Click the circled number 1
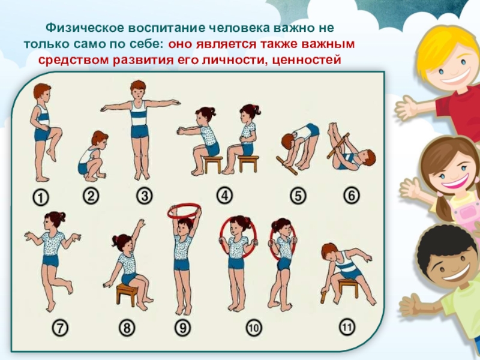(x=41, y=197)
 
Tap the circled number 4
(x=224, y=196)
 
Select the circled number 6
(x=351, y=196)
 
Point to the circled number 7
(x=60, y=328)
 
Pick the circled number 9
(x=182, y=328)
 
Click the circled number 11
(x=347, y=326)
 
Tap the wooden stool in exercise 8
(x=125, y=295)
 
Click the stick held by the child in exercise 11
(x=323, y=296)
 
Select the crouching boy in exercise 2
(x=92, y=156)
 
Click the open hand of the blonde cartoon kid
(x=407, y=108)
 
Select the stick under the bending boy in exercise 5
(x=287, y=166)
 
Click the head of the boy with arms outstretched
(x=138, y=89)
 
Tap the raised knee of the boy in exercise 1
(x=57, y=131)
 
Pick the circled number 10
(x=254, y=328)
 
